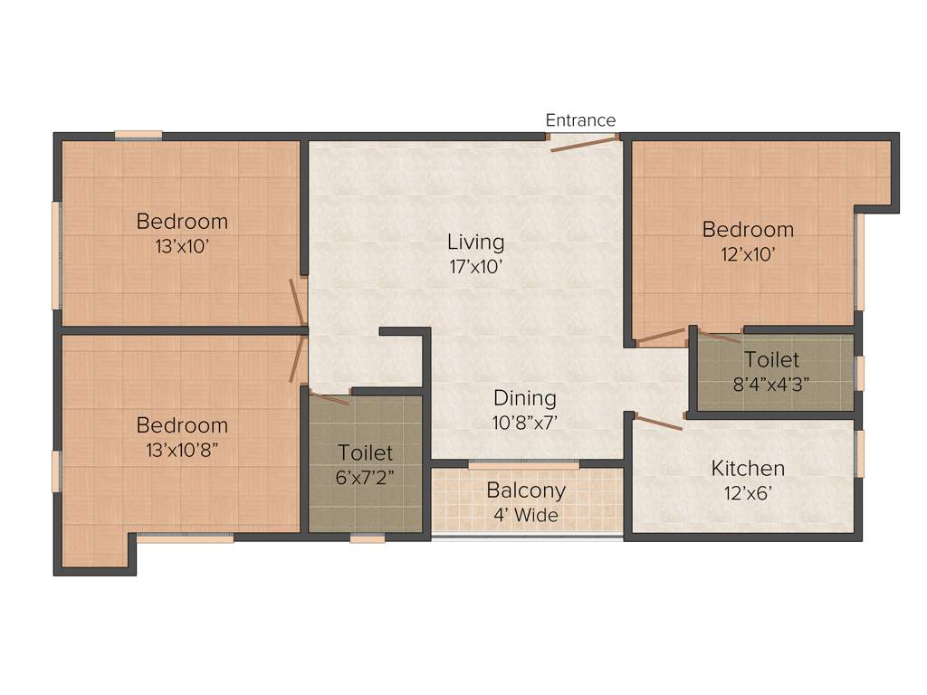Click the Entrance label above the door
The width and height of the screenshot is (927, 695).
tap(580, 120)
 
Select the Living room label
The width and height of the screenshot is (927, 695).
tap(475, 242)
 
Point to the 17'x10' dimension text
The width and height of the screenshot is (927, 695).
tap(475, 267)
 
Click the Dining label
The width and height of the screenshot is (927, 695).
tap(524, 398)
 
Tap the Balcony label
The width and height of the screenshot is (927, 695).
tap(526, 490)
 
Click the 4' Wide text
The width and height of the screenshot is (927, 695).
tap(526, 516)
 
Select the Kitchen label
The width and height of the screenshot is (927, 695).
tap(748, 468)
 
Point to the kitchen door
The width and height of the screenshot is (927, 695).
tap(658, 422)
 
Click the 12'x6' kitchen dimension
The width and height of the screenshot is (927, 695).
tap(748, 494)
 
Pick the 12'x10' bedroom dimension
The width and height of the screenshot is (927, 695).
tap(748, 254)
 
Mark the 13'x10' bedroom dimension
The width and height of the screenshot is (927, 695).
tap(182, 245)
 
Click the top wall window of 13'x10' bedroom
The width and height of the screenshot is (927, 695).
tap(139, 136)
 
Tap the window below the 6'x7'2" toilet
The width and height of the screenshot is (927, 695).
tap(367, 538)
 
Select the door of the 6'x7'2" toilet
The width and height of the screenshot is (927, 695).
tap(329, 397)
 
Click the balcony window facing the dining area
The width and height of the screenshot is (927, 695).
tap(523, 465)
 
